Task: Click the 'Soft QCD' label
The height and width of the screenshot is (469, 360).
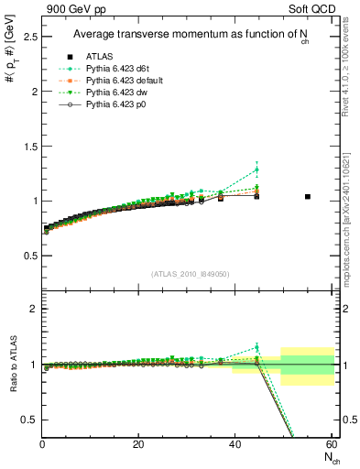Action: click(x=311, y=8)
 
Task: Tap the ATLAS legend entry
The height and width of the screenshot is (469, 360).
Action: click(x=100, y=57)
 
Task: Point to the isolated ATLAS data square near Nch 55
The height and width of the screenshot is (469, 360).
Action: click(x=308, y=196)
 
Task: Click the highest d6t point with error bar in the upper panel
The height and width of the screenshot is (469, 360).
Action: click(x=256, y=169)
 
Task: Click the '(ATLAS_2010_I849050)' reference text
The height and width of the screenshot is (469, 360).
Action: click(x=189, y=274)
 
